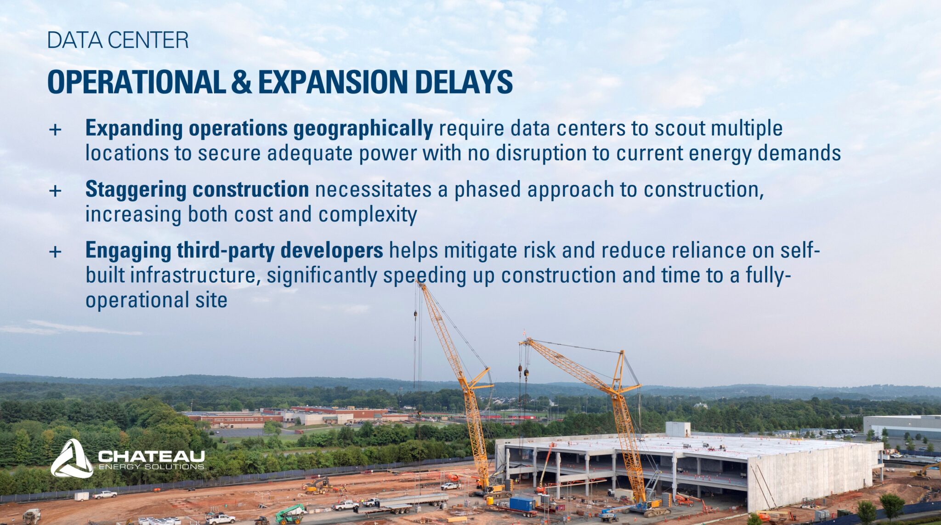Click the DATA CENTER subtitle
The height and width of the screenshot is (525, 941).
(x=118, y=40)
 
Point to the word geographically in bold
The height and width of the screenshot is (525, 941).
(x=363, y=129)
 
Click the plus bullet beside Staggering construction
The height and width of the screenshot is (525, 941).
(x=55, y=190)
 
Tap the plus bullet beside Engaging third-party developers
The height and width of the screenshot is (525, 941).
(x=55, y=251)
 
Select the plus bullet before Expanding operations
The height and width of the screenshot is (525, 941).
(x=55, y=129)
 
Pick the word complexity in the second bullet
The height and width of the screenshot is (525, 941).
(x=368, y=215)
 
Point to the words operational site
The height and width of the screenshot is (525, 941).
(x=156, y=300)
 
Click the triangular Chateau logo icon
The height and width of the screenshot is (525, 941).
(x=72, y=458)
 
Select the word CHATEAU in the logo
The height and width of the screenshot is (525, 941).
(x=151, y=456)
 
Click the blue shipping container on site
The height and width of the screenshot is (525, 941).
(x=523, y=503)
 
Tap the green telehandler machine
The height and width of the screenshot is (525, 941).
(x=290, y=514)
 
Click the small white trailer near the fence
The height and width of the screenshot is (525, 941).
(x=82, y=496)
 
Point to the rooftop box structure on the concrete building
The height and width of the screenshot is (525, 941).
(x=678, y=429)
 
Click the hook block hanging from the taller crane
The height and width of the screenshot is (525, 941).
(x=415, y=314)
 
